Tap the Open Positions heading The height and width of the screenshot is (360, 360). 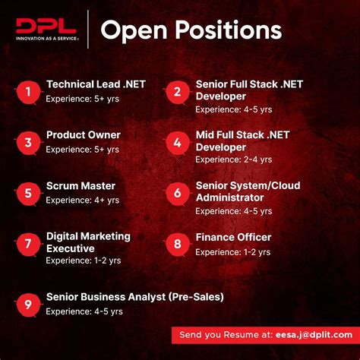click(x=191, y=31)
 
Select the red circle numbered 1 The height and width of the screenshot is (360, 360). click(x=27, y=92)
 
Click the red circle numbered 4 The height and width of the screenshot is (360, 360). click(x=177, y=142)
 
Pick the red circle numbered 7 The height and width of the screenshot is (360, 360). click(x=27, y=243)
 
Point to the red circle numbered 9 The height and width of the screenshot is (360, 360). click(x=27, y=305)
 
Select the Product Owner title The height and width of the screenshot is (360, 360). click(x=83, y=135)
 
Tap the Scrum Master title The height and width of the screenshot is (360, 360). click(x=81, y=185)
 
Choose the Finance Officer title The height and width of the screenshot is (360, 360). click(x=233, y=238)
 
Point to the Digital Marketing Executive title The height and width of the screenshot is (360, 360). click(x=88, y=242)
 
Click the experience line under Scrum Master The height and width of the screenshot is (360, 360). click(x=82, y=200)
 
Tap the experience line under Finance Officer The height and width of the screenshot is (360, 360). click(x=232, y=252)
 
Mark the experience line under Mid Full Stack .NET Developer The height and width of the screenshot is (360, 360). click(x=232, y=160)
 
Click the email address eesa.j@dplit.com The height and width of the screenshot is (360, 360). click(x=308, y=334)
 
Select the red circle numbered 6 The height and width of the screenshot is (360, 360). click(x=177, y=193)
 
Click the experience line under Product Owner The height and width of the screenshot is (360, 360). click(x=82, y=150)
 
